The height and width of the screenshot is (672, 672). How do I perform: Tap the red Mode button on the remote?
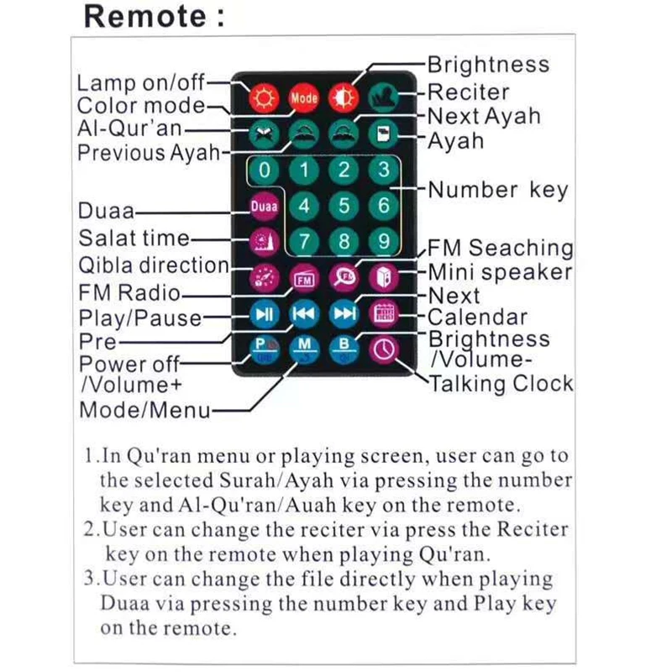point(303,97)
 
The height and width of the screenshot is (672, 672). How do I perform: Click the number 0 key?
point(265,171)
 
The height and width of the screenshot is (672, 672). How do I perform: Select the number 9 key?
point(384,242)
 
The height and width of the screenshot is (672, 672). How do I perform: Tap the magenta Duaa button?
point(264,206)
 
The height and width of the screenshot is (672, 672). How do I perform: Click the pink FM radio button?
point(303,278)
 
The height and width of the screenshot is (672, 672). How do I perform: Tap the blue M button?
point(303,348)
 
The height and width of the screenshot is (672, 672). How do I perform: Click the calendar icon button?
point(384,314)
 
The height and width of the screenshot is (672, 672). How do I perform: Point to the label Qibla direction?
point(154,265)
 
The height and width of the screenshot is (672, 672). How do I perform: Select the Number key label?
point(498,190)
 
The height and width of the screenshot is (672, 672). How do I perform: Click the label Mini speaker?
point(501,272)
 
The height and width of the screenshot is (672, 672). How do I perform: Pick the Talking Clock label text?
point(501,384)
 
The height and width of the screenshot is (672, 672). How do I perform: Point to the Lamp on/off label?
point(140,83)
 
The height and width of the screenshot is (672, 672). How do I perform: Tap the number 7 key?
point(304,242)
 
